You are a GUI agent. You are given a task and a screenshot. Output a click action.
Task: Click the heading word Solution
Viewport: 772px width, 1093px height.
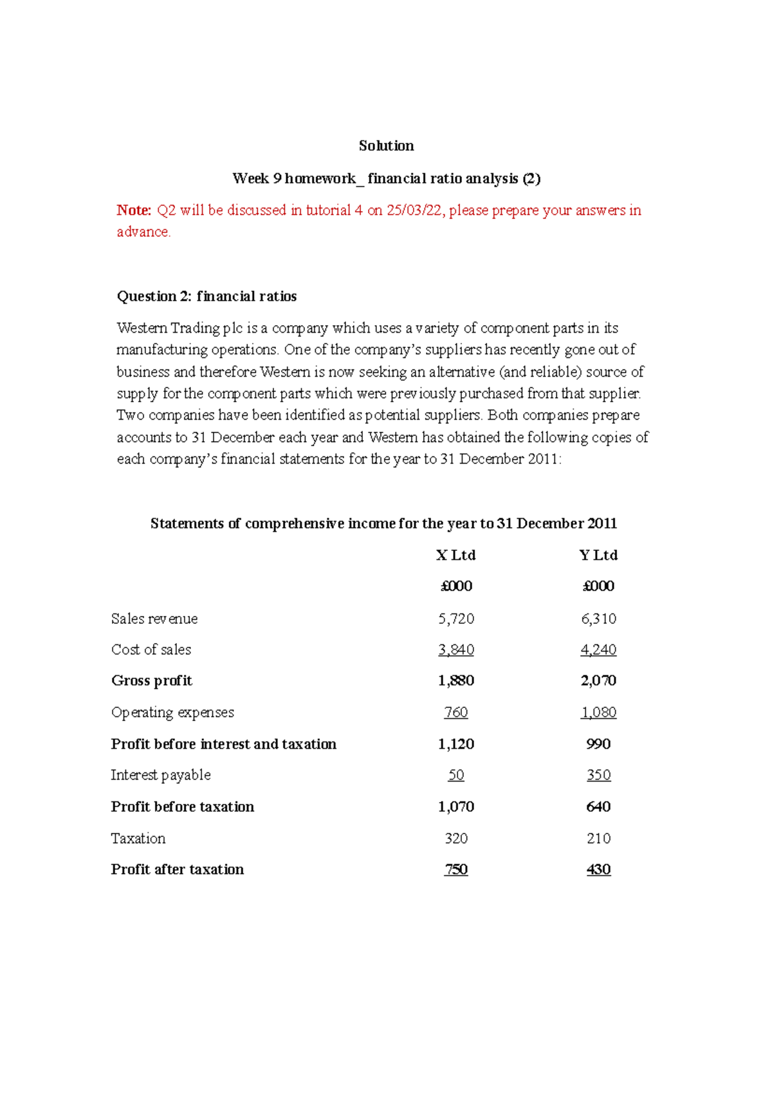coord(386,146)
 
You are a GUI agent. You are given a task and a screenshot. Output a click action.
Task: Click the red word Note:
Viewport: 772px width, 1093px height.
coord(134,210)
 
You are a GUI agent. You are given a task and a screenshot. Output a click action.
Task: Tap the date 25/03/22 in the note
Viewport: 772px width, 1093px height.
coord(414,210)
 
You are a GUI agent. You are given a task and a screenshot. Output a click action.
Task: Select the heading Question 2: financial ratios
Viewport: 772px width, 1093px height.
coord(207,296)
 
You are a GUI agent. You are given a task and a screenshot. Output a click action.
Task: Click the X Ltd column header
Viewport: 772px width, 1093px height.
coord(455,555)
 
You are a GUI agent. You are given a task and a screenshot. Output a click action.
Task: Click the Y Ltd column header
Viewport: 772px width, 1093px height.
coord(598,555)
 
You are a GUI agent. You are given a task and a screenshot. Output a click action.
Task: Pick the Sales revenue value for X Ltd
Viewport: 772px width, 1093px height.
coord(455,619)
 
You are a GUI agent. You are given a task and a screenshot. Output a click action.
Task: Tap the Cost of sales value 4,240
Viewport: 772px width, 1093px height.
coord(598,649)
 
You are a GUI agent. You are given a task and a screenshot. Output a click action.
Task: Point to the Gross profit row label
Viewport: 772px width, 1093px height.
coord(152,681)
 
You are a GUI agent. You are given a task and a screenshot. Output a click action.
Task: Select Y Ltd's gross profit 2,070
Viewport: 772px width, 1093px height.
coord(598,681)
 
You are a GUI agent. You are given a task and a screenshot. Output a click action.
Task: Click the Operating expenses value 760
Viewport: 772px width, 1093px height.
coord(455,713)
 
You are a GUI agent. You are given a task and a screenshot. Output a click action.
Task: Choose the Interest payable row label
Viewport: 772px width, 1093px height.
coord(161,775)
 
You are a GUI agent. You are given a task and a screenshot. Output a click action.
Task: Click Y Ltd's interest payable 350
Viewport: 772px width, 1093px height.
coord(598,775)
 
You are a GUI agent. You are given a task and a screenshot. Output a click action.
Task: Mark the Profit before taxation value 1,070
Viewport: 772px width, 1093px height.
coord(455,807)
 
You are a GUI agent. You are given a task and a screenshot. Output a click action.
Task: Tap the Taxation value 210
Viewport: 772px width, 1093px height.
coord(598,838)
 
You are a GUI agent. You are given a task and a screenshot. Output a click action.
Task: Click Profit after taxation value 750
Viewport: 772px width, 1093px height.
coord(455,870)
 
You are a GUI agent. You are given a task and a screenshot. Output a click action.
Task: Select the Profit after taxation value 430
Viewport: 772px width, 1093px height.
coord(598,870)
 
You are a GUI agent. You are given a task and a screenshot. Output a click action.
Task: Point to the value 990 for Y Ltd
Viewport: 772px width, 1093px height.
coord(598,744)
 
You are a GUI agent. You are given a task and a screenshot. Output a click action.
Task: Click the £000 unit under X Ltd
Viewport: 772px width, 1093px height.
coord(455,586)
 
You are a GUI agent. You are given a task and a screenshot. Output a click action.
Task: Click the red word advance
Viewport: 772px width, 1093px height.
coord(143,232)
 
